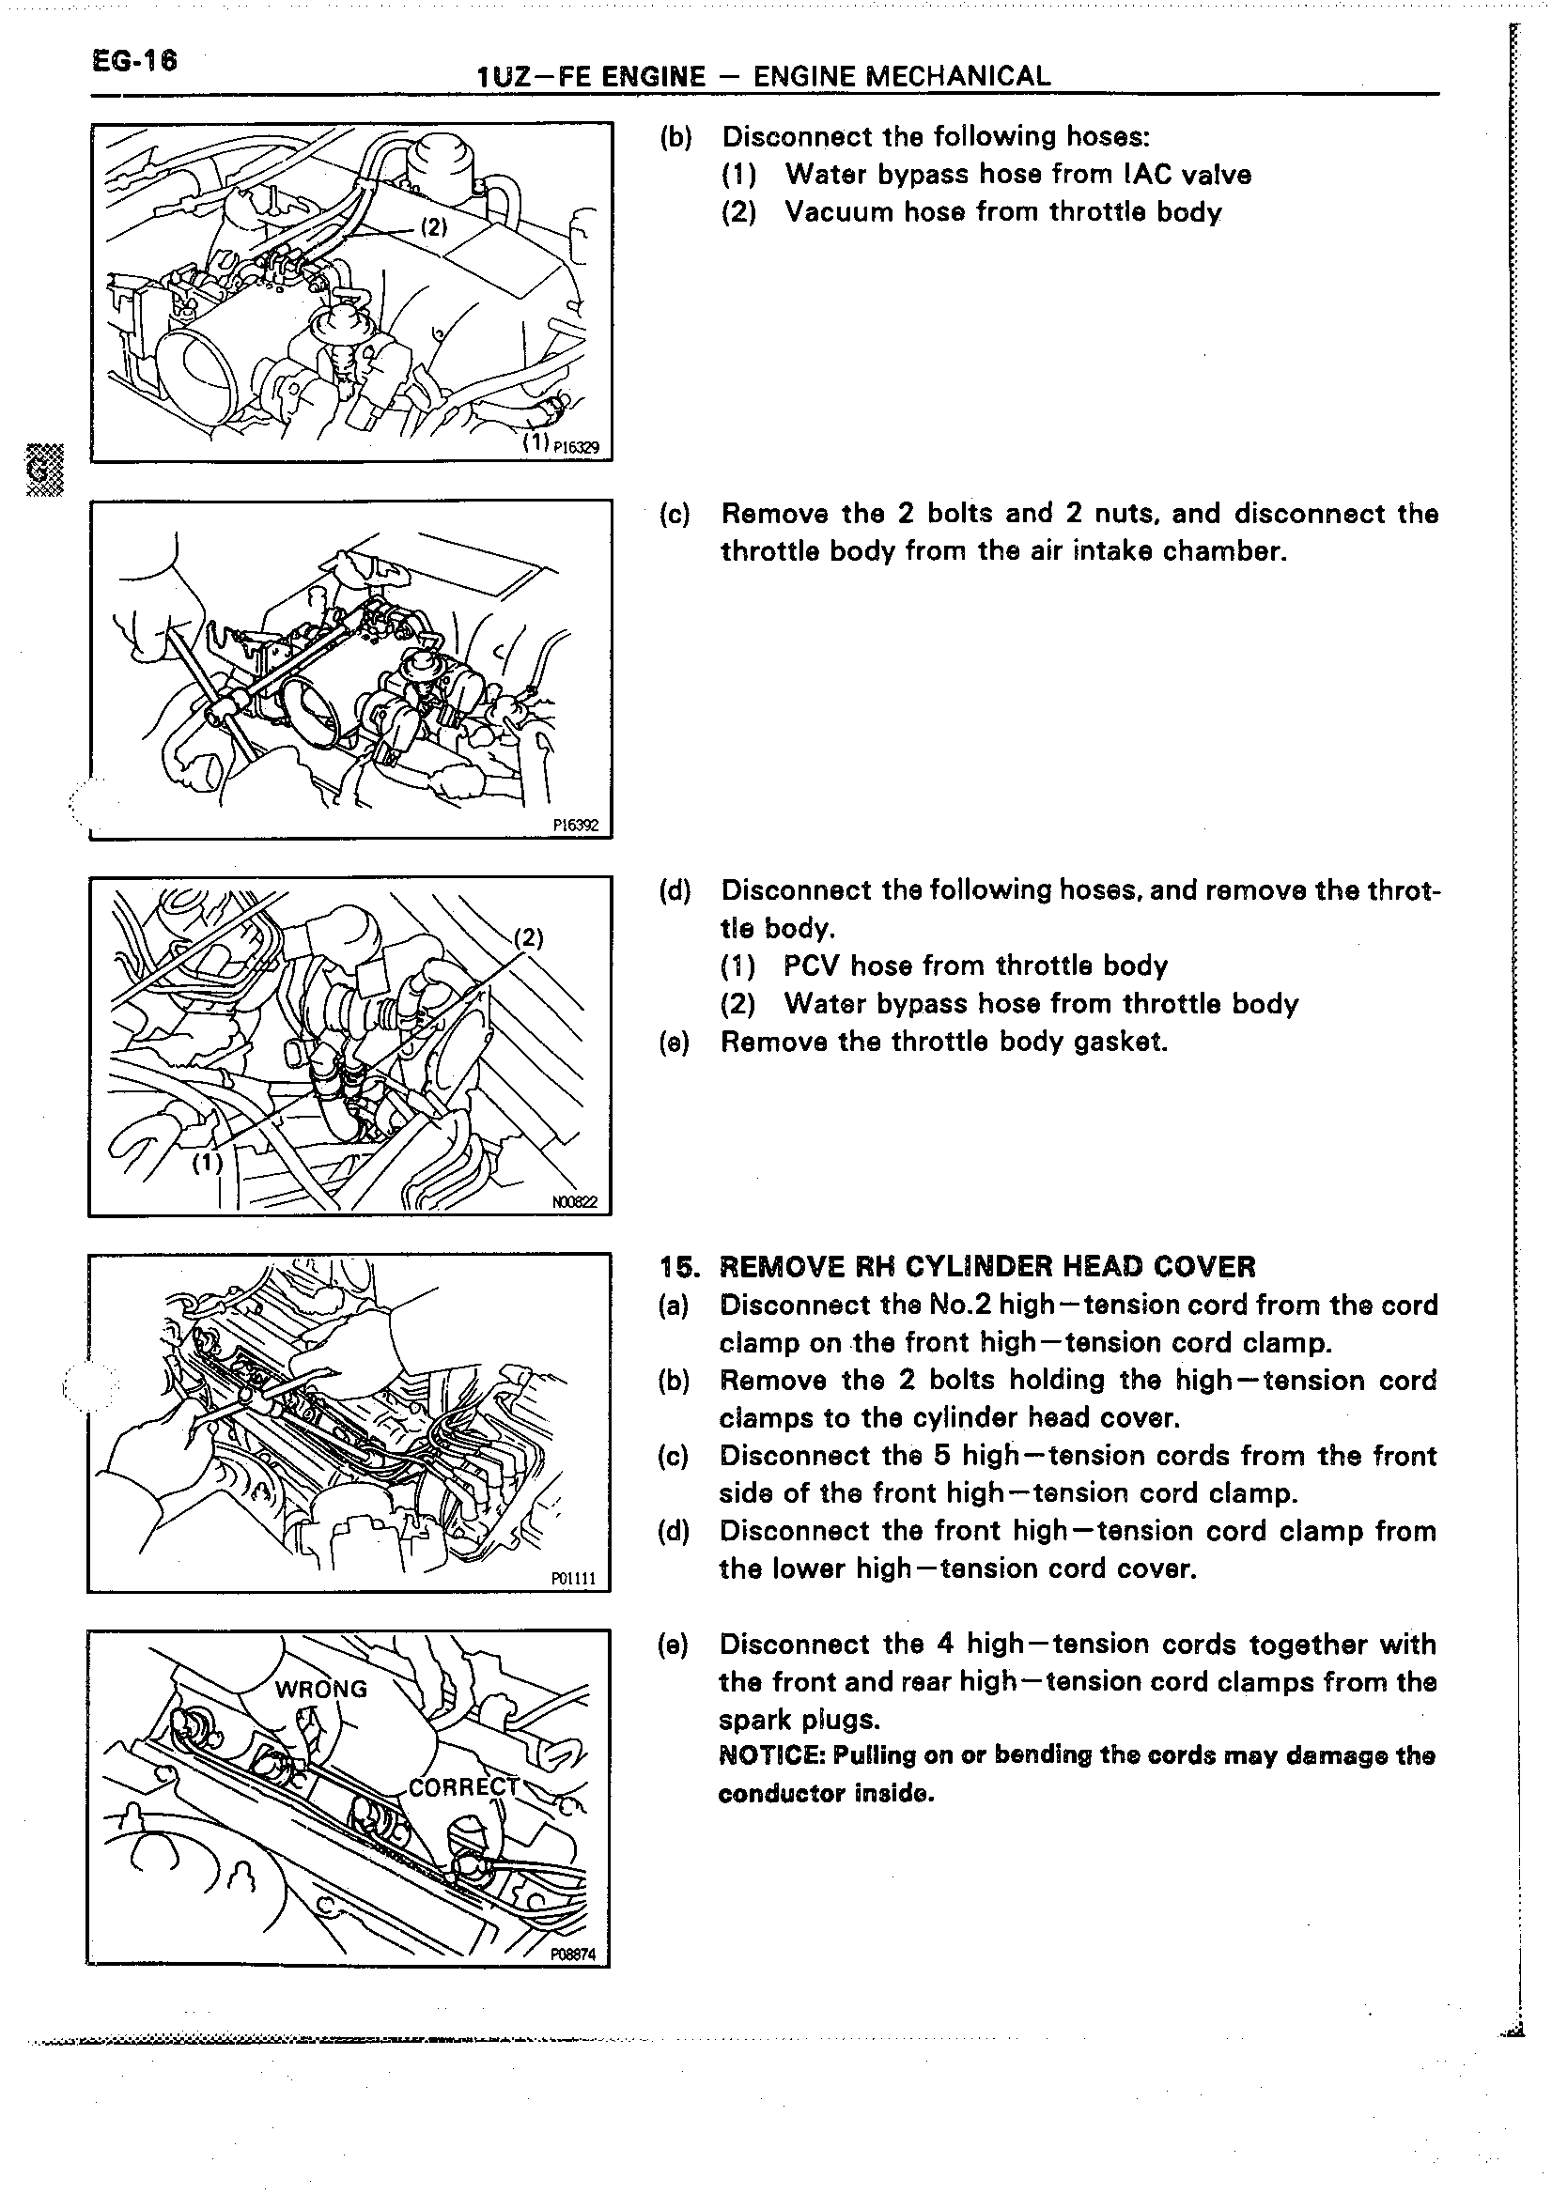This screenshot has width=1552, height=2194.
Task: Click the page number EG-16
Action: point(134,61)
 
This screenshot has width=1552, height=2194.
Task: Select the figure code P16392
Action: point(575,825)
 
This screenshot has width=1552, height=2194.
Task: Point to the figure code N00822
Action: point(574,1201)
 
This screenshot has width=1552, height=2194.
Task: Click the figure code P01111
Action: point(573,1579)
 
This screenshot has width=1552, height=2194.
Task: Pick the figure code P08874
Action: point(572,1955)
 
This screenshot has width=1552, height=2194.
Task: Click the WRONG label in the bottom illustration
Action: point(321,1689)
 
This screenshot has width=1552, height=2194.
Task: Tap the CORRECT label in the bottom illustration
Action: point(463,1787)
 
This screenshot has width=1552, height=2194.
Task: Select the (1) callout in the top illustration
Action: point(536,441)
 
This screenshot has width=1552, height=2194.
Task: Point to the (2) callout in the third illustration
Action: point(529,936)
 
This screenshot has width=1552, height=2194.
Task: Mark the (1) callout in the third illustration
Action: point(208,1162)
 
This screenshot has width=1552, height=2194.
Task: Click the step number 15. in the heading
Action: point(678,1268)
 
